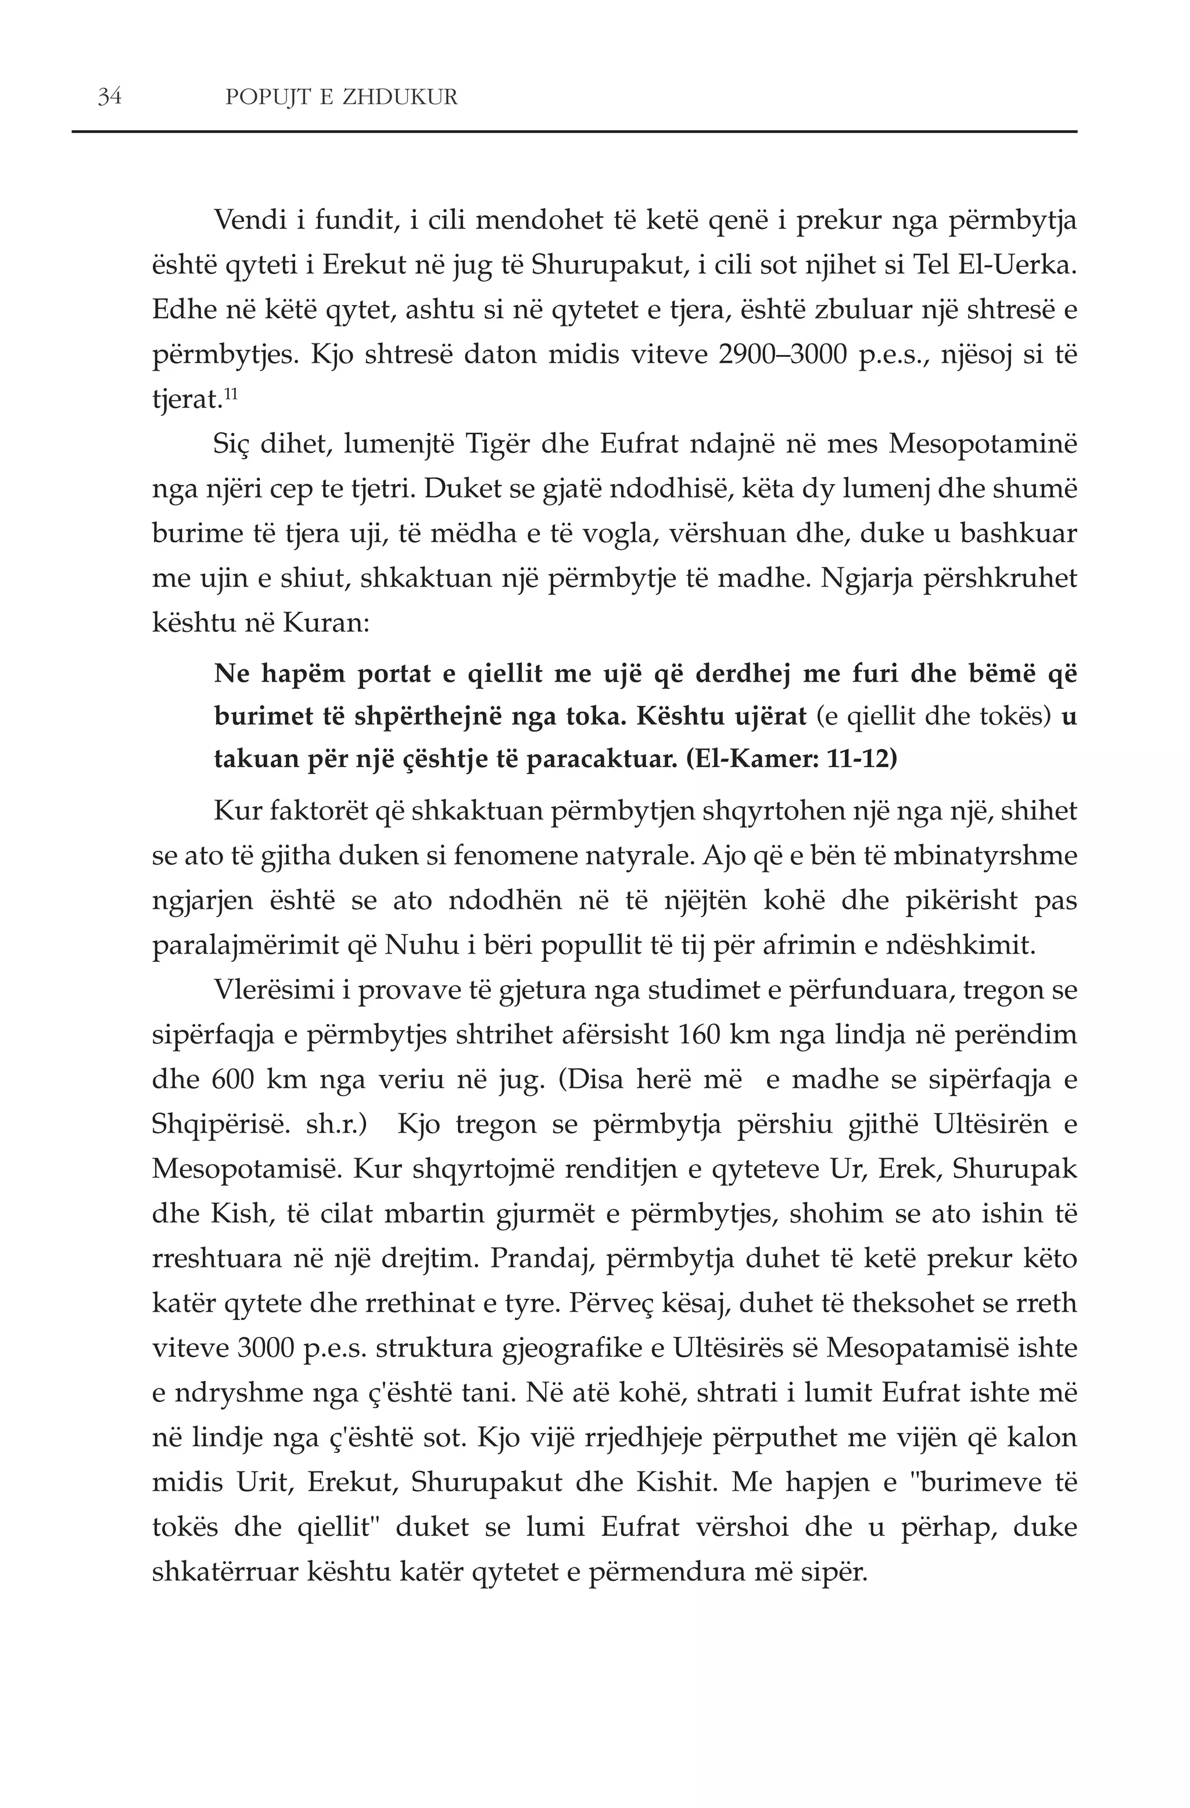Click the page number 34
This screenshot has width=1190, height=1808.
109,97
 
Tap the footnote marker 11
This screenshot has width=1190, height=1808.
231,393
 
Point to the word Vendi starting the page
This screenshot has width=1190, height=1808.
250,220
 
